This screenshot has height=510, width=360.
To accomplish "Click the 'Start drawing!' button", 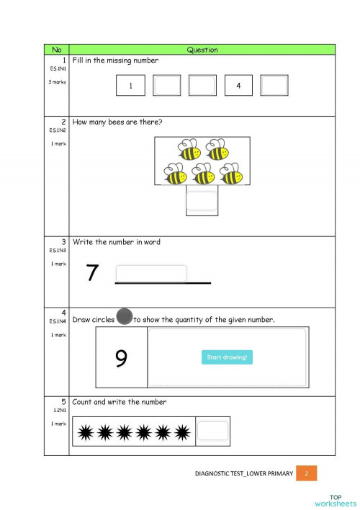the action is tap(227, 357).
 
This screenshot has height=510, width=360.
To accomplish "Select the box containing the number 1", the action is tap(130, 86).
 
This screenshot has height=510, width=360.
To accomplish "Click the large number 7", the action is tap(91, 273).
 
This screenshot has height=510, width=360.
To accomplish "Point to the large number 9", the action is tap(121, 357).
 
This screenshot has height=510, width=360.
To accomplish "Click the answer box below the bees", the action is tap(202, 200).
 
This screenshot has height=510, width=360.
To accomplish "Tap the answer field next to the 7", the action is tap(151, 274).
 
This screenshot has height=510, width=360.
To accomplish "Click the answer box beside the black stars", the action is tap(212, 431).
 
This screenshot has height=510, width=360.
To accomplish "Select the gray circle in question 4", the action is tap(125, 316).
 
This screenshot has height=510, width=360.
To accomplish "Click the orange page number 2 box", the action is tap(306, 473).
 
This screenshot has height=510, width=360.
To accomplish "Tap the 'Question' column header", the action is tap(202, 50).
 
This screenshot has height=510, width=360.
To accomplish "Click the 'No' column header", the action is tap(57, 50).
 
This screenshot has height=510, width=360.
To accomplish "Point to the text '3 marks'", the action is tap(58, 82).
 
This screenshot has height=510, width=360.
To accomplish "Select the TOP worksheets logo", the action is tap(336, 500).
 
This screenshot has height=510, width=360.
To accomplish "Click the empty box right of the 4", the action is tap(274, 86).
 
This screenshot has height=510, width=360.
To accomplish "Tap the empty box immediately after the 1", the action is tap(167, 86).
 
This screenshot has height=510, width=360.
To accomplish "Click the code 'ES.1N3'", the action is tap(58, 251).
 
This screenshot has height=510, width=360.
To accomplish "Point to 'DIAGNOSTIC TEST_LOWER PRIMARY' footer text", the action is tap(244, 474).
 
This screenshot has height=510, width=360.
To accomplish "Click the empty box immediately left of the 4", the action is tap(202, 86).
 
